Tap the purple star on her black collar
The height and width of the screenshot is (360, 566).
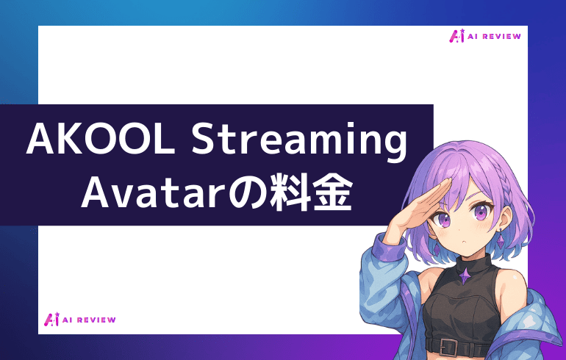[465, 274]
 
